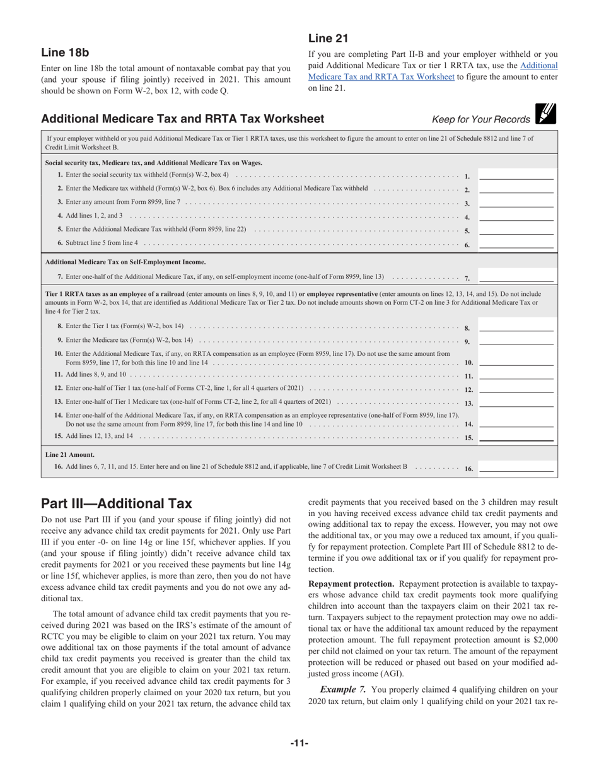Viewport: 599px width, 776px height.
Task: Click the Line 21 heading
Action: pos(328,38)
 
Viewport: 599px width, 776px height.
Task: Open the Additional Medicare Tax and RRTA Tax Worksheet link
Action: pos(433,71)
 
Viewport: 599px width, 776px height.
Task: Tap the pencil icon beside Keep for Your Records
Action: pos(545,114)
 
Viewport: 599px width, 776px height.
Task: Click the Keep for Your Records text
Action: pos(481,120)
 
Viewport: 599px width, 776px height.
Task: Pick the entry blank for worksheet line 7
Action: pos(516,277)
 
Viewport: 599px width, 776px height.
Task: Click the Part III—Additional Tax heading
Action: pos(116,503)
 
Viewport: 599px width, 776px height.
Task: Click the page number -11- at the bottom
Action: pos(299,744)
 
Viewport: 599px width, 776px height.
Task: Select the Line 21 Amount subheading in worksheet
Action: pos(70,454)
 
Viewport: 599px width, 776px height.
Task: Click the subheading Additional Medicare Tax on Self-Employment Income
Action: pos(125,262)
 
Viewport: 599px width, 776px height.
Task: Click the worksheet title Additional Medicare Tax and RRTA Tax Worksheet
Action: pos(182,119)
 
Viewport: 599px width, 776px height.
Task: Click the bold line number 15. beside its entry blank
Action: pos(468,437)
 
